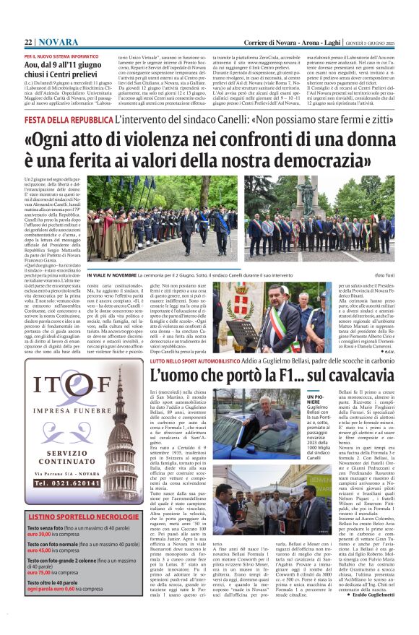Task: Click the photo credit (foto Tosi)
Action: coord(383,275)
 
